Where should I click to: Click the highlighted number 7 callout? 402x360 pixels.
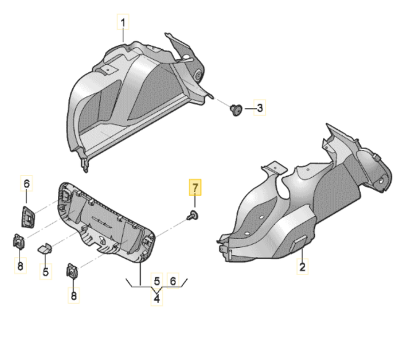click(x=195, y=187)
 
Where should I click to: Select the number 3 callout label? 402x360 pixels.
click(x=259, y=108)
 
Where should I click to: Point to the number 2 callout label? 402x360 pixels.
click(x=302, y=267)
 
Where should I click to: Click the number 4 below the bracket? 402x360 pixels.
click(x=157, y=299)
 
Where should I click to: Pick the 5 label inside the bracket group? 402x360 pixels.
click(x=157, y=281)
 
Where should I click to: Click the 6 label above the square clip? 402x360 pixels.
click(x=26, y=183)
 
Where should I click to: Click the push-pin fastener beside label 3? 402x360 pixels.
click(x=236, y=110)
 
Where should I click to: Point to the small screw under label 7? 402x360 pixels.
click(x=193, y=215)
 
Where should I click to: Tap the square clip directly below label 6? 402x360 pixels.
click(x=27, y=215)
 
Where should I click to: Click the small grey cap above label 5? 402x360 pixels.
click(x=45, y=248)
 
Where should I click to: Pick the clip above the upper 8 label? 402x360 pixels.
click(x=19, y=243)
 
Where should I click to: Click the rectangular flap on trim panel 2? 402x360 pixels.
click(x=300, y=241)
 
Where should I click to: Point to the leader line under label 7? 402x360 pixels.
click(x=195, y=202)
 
